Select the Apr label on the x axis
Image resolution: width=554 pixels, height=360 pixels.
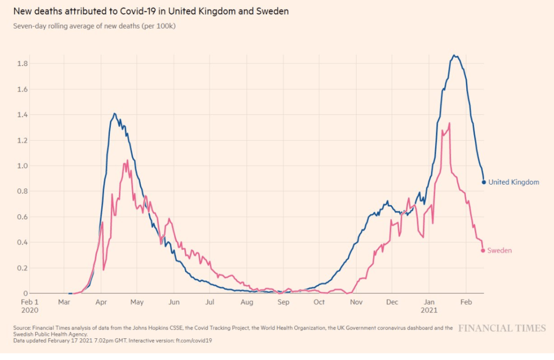tap(101, 302)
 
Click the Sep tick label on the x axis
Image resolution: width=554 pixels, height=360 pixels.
tap(283, 302)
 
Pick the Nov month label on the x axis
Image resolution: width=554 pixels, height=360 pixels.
tap(355, 302)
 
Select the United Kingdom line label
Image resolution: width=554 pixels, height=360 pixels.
tap(513, 182)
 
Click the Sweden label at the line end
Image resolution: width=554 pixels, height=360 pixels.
tap(499, 251)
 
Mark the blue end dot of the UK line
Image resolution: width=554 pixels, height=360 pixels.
tap(484, 182)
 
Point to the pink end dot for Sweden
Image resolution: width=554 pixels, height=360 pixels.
tap(483, 250)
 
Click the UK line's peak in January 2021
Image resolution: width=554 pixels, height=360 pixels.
tap(455, 55)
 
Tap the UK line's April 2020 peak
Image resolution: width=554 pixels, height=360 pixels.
tap(115, 114)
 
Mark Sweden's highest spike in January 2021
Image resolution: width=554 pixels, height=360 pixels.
tap(450, 123)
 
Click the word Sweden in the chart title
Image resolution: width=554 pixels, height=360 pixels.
tap(273, 11)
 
